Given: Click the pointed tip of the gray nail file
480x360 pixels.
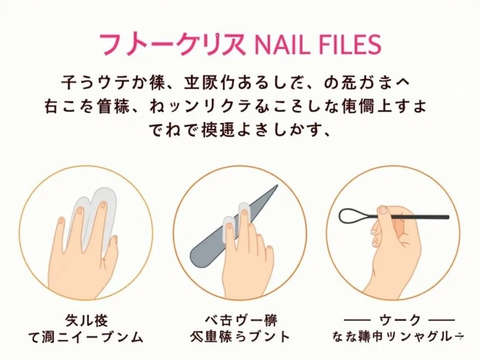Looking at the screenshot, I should tap(276, 187).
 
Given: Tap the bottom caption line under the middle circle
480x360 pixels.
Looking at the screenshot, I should tap(240, 337).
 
